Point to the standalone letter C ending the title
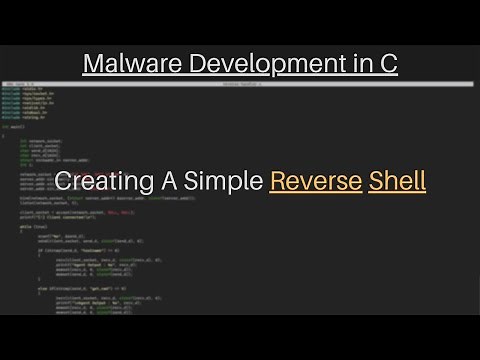pyautogui.click(x=388, y=64)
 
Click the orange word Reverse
pyautogui.click(x=315, y=182)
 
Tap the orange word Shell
pyautogui.click(x=397, y=182)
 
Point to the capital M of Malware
pyautogui.click(x=93, y=64)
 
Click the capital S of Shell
pyautogui.click(x=376, y=182)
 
